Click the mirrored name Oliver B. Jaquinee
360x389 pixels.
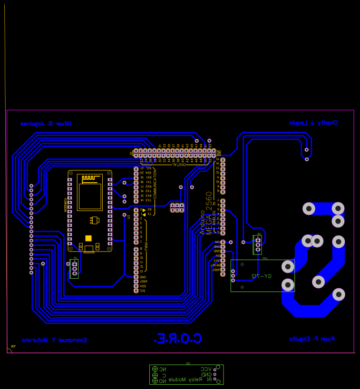tap(46, 124)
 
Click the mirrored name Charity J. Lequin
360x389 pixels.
tap(313, 123)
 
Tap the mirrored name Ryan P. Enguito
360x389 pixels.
tap(312, 339)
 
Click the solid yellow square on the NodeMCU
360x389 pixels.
tap(88, 238)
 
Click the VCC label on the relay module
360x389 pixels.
tap(206, 369)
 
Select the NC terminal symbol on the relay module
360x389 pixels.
tap(163, 369)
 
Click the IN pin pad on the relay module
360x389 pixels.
tap(214, 380)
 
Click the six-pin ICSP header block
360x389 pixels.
tap(177, 207)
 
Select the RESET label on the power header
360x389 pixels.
tap(216, 265)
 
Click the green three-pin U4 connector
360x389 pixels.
tap(258, 244)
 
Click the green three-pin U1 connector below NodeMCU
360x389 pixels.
tap(74, 269)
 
